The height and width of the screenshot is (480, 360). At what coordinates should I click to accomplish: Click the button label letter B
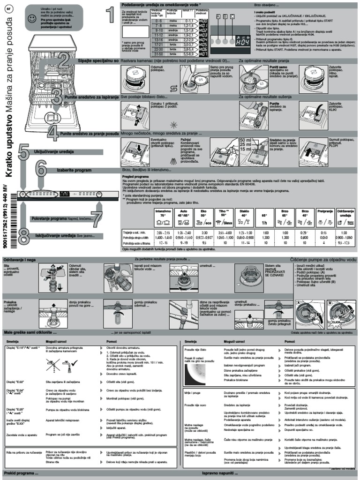coord(225,16)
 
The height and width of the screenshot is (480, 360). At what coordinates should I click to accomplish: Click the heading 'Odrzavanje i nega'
coord(19,259)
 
